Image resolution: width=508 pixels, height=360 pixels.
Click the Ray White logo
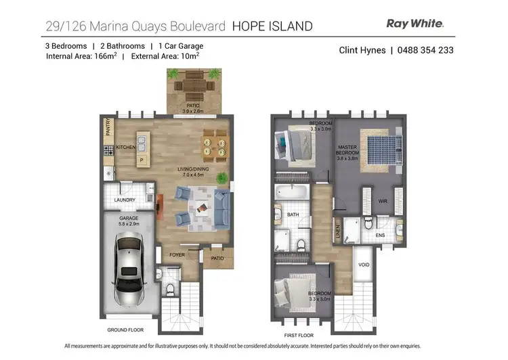[x=415, y=24]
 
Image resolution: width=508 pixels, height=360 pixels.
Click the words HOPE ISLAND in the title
[x=272, y=26]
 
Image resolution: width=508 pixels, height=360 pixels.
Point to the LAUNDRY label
[x=125, y=200]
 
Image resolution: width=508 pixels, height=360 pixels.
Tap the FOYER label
[x=177, y=255]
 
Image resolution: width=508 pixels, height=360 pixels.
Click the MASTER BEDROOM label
[x=348, y=151]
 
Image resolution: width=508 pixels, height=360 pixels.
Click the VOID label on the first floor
[x=364, y=265]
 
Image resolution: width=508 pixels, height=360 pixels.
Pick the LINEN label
[x=337, y=232]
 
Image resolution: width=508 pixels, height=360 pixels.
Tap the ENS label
[x=380, y=235]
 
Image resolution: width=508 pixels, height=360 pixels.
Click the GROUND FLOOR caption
[x=125, y=330]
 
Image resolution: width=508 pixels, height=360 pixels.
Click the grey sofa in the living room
[x=220, y=206]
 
